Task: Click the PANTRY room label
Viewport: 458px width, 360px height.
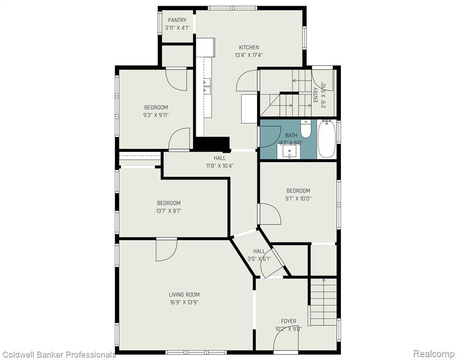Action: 177,20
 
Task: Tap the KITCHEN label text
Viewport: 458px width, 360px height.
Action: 249,47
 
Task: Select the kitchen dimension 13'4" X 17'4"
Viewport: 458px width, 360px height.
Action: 249,55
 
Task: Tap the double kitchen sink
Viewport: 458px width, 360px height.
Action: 207,87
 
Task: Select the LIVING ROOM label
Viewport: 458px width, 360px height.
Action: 184,294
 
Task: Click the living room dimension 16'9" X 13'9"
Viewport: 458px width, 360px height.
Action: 184,302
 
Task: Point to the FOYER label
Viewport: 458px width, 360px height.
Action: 288,321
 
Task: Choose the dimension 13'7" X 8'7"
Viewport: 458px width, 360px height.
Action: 169,210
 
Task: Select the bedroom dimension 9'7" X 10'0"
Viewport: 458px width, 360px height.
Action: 298,199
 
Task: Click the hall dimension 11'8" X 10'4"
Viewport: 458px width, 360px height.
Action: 220,166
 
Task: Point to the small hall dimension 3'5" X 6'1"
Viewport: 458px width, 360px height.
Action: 259,259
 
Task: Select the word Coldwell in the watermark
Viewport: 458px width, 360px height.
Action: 15,355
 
